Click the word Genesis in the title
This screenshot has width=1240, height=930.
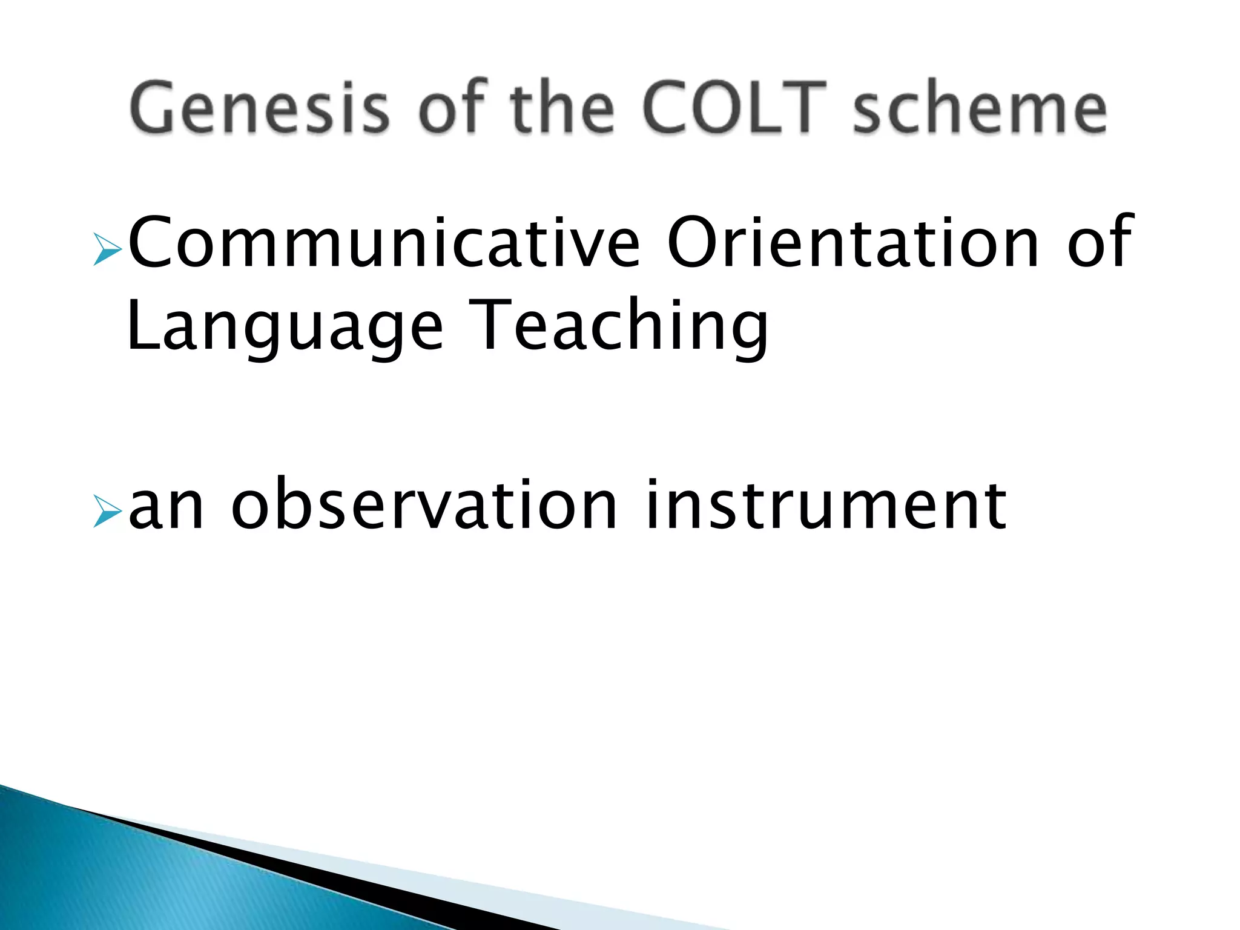point(259,108)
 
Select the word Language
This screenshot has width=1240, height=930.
point(285,327)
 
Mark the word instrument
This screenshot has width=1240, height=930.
point(826,505)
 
